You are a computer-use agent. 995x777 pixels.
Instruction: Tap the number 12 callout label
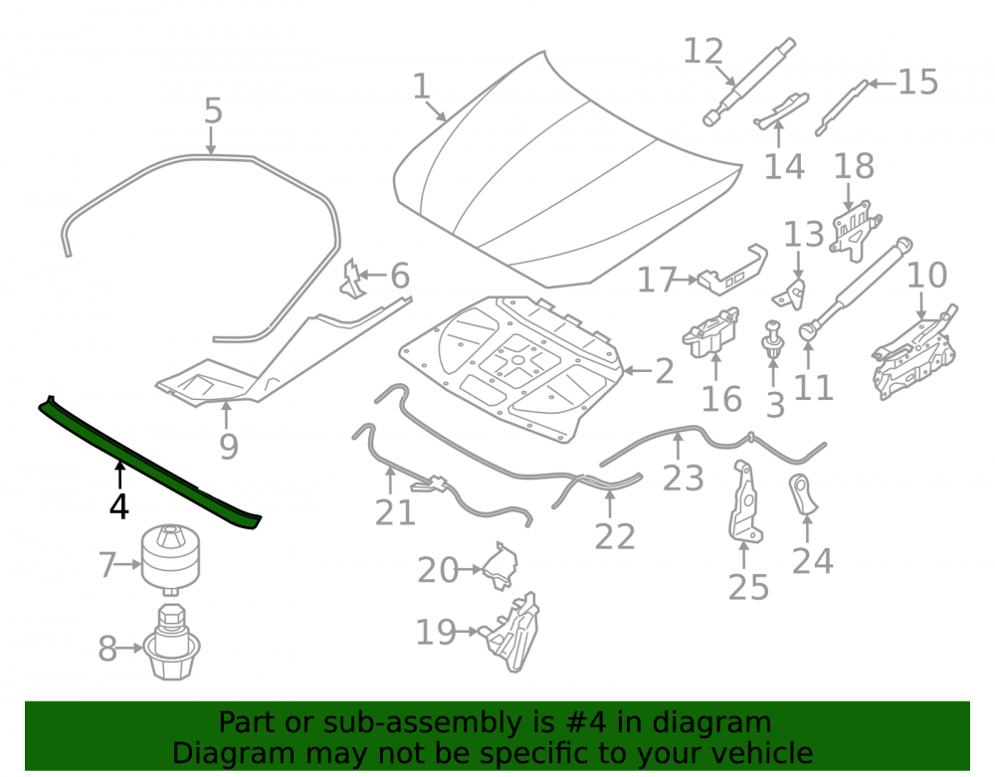point(703,52)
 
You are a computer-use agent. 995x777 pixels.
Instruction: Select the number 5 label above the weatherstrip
point(213,111)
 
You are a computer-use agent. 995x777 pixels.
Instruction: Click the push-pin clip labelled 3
point(772,341)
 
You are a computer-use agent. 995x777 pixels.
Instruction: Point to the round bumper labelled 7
point(170,559)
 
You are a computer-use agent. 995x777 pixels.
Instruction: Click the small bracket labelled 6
point(353,280)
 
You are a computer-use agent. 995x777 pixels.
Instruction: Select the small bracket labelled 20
point(501,565)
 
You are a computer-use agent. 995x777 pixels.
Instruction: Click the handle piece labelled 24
point(803,492)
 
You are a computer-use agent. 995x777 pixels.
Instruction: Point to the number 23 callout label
point(684,479)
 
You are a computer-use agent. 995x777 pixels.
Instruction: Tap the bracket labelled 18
point(854,230)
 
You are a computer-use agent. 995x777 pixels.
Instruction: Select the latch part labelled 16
point(711,332)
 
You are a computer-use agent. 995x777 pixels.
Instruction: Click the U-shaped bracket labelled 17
point(734,271)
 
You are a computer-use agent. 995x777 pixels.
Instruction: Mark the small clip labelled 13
point(791,291)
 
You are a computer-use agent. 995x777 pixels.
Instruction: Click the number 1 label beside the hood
point(422,86)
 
